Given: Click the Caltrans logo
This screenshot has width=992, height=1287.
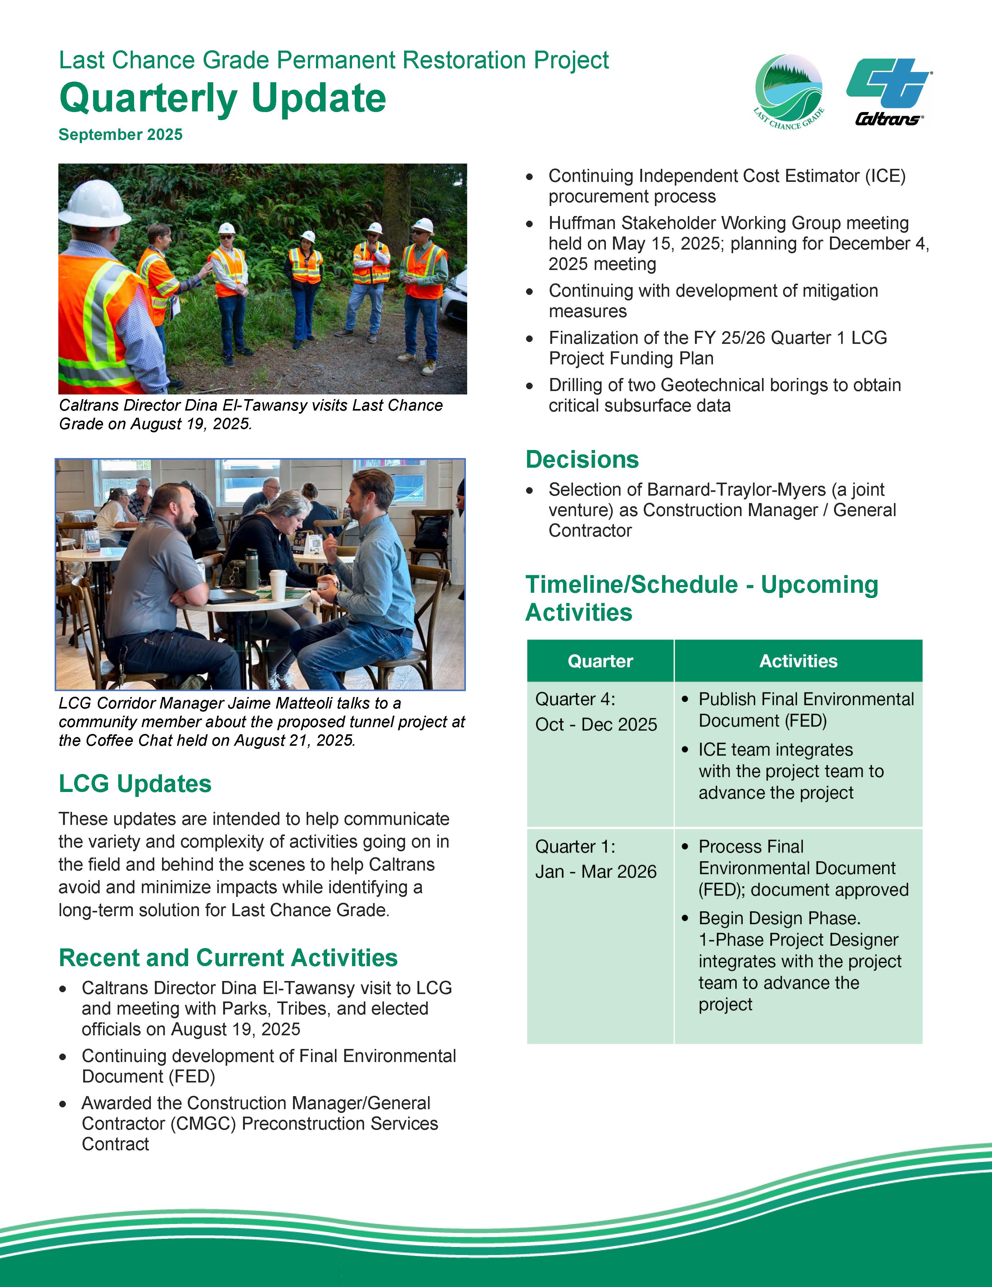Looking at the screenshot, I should [889, 91].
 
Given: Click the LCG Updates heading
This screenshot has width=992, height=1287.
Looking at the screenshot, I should [135, 784].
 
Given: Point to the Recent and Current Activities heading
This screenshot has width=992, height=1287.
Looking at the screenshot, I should [228, 958].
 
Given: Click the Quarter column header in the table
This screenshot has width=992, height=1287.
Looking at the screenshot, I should [600, 661].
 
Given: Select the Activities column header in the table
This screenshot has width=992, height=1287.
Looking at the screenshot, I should [798, 661].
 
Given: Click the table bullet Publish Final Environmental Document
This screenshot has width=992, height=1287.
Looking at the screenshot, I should [806, 709].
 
